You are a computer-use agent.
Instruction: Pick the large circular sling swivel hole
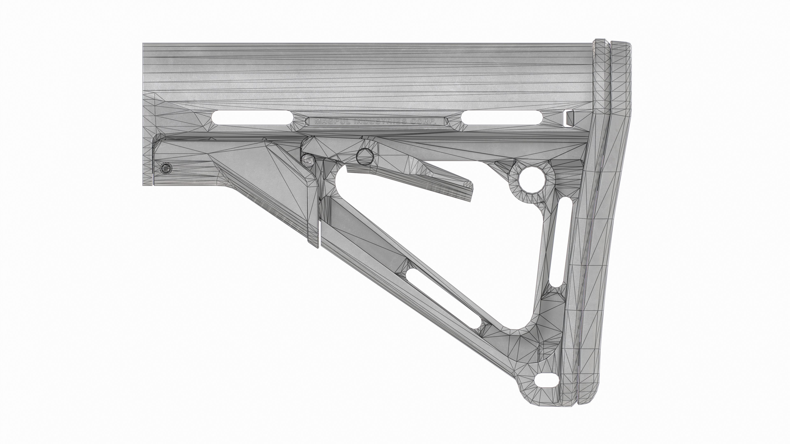[532, 180]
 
